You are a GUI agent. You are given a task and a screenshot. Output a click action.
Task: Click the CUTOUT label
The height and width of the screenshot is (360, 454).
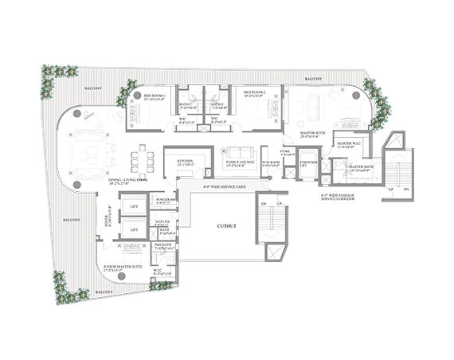(x=226, y=226)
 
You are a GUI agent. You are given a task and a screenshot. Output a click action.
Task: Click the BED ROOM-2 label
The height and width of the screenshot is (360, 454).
(x=258, y=92)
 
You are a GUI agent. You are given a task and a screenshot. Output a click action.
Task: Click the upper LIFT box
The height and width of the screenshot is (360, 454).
(x=132, y=209)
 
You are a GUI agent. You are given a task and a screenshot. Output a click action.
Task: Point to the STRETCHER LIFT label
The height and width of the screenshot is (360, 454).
(x=308, y=165)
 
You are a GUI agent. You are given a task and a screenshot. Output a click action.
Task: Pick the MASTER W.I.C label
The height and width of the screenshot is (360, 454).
(x=350, y=144)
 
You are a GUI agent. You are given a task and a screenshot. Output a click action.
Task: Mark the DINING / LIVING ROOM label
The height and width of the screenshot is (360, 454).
(x=129, y=180)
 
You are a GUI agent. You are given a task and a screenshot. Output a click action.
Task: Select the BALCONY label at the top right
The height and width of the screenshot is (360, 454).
(x=313, y=80)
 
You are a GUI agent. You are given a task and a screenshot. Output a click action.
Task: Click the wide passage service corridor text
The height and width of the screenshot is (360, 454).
(x=336, y=194)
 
